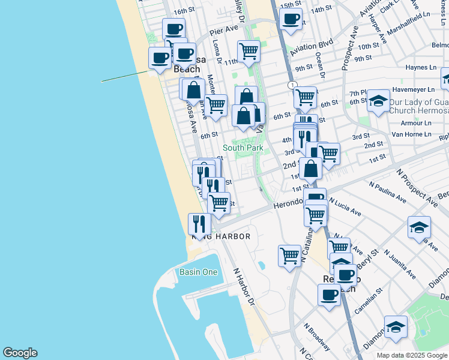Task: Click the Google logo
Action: click(x=20, y=353)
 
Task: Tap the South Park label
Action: click(x=243, y=148)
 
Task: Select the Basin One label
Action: click(x=198, y=272)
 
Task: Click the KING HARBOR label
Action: click(x=221, y=237)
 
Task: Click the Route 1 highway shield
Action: click(x=292, y=86)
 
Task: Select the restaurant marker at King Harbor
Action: click(x=199, y=224)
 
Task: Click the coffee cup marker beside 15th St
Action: click(x=291, y=18)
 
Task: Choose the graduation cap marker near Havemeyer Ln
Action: click(x=379, y=101)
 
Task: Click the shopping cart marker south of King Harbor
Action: click(x=290, y=256)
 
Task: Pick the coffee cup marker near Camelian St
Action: click(x=330, y=295)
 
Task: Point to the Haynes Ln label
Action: click(x=420, y=68)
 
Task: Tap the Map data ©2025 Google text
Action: click(x=412, y=355)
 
